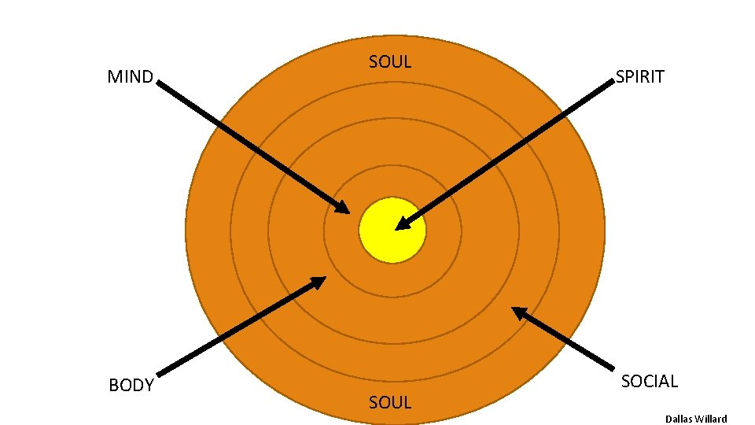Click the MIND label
pyautogui.click(x=130, y=77)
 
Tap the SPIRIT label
pyautogui.click(x=639, y=76)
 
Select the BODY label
pyautogui.click(x=131, y=386)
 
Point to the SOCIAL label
pyautogui.click(x=649, y=381)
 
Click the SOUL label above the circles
pyautogui.click(x=390, y=62)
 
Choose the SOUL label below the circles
pyautogui.click(x=390, y=402)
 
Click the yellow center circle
pyautogui.click(x=392, y=230)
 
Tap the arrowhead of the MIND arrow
pyautogui.click(x=344, y=209)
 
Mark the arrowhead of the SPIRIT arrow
pyautogui.click(x=401, y=226)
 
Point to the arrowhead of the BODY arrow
pyautogui.click(x=320, y=280)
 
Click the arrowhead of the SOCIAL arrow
pyautogui.click(x=517, y=311)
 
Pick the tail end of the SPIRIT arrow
pyautogui.click(x=613, y=83)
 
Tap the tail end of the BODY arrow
pyautogui.click(x=160, y=374)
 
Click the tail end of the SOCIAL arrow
pyautogui.click(x=613, y=367)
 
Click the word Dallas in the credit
pyautogui.click(x=677, y=419)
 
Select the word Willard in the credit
pyautogui.click(x=710, y=419)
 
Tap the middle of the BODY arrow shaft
pyautogui.click(x=241, y=327)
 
